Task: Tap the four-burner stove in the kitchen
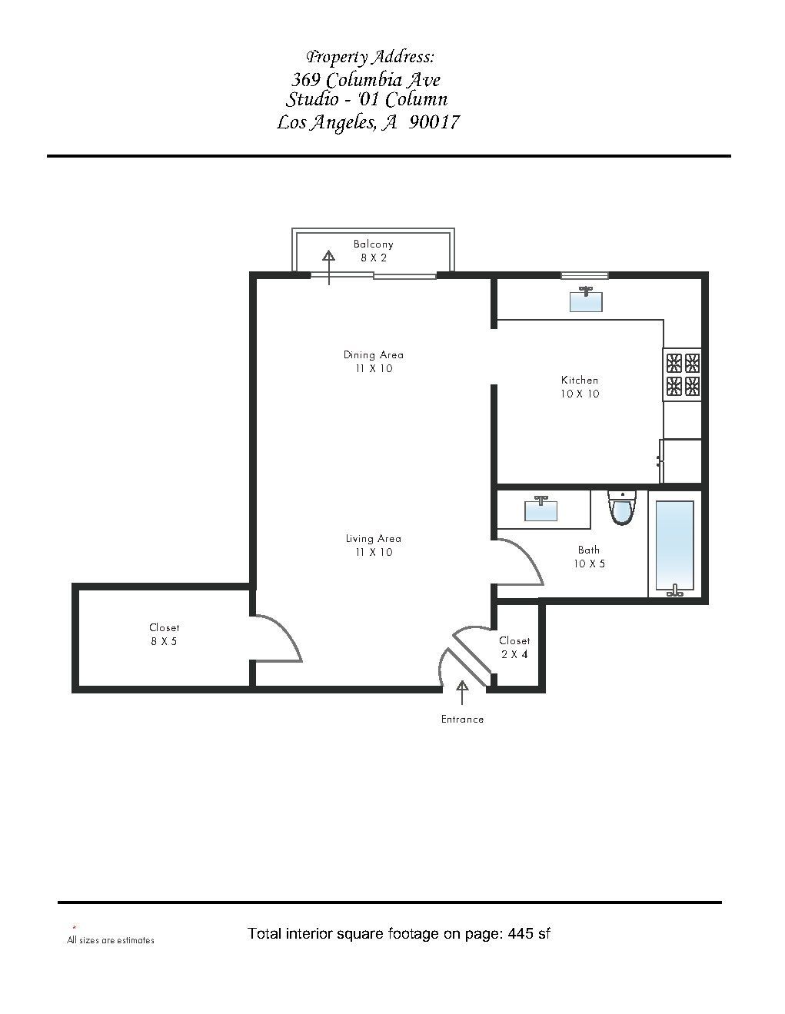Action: click(682, 374)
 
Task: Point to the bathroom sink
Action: click(541, 508)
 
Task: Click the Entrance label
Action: click(462, 720)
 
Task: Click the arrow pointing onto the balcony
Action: click(329, 267)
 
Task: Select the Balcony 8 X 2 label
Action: click(373, 251)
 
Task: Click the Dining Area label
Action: click(373, 361)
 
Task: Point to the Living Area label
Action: click(373, 545)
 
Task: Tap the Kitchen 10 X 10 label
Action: click(580, 387)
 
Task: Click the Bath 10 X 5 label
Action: click(589, 557)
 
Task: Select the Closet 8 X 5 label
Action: click(164, 634)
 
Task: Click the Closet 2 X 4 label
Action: click(514, 647)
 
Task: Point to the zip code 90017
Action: click(434, 122)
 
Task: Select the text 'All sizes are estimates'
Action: click(111, 940)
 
